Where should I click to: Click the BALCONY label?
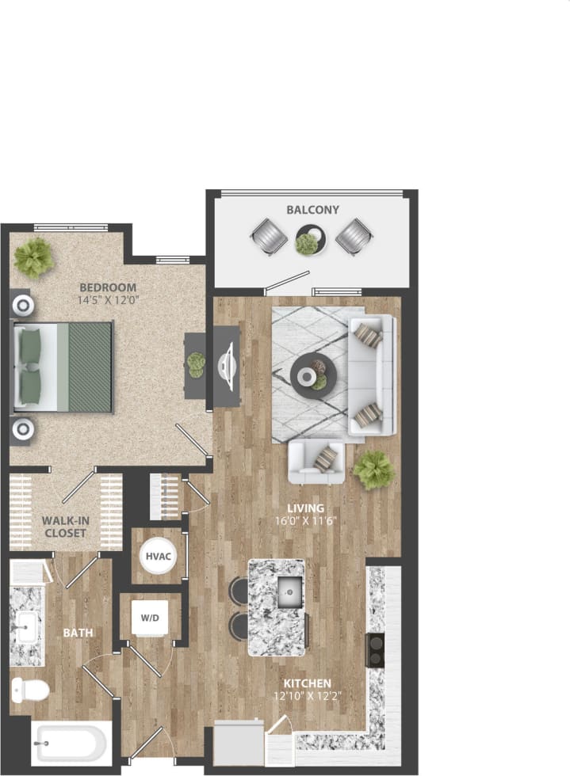pyautogui.click(x=312, y=210)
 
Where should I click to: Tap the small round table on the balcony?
pyautogui.click(x=310, y=240)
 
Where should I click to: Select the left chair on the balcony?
pyautogui.click(x=269, y=237)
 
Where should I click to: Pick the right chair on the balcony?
pyautogui.click(x=354, y=236)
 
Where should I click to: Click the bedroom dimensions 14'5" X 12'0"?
pyautogui.click(x=107, y=301)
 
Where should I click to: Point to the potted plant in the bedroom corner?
pyautogui.click(x=33, y=257)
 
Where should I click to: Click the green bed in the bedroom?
pyautogui.click(x=63, y=367)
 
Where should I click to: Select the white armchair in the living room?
pyautogui.click(x=316, y=462)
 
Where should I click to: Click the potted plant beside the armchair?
pyautogui.click(x=373, y=470)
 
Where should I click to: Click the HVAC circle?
pyautogui.click(x=155, y=556)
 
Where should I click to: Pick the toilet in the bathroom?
pyautogui.click(x=29, y=690)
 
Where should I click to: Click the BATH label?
pyautogui.click(x=78, y=633)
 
